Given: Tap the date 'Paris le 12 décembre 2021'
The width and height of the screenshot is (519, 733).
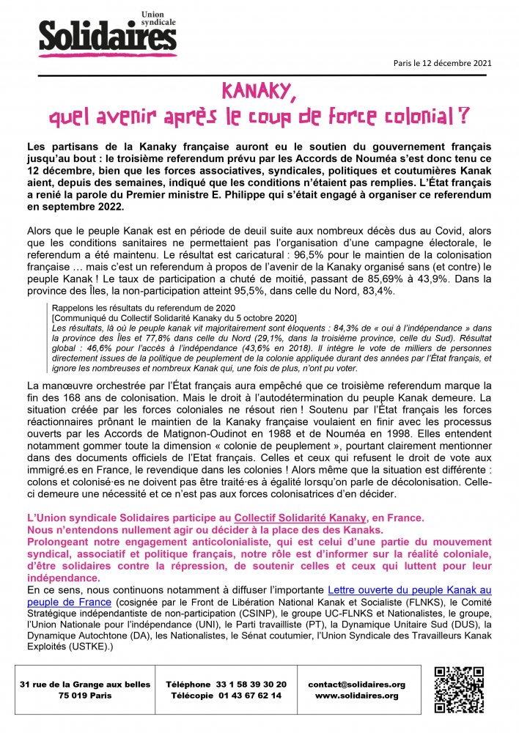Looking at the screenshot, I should click(x=443, y=62).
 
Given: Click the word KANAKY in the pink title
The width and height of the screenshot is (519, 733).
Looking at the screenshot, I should click(x=258, y=91).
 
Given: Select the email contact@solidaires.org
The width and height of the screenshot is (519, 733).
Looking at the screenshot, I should click(x=356, y=684).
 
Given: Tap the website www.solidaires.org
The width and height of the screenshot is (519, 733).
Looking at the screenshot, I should click(x=356, y=696).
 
